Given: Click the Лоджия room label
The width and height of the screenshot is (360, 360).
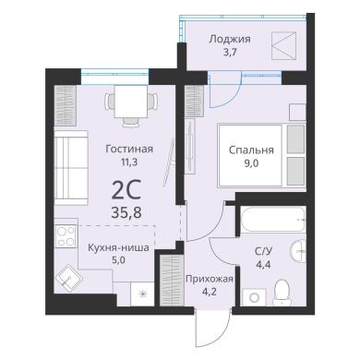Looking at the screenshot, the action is click(x=230, y=40).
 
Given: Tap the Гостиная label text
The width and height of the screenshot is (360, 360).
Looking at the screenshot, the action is click(x=129, y=149).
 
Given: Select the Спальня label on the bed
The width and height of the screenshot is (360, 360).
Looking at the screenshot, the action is click(x=251, y=150).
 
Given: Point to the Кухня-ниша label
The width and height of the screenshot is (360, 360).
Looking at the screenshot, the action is click(x=118, y=247).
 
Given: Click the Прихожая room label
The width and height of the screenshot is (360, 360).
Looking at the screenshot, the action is click(x=210, y=279).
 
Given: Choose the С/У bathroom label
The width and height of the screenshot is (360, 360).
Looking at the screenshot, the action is click(x=263, y=252).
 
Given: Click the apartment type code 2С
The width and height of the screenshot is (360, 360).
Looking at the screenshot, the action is click(x=126, y=191).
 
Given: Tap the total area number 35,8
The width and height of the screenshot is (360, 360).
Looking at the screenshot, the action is click(x=126, y=212).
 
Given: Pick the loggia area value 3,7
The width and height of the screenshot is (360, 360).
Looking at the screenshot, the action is click(x=230, y=52).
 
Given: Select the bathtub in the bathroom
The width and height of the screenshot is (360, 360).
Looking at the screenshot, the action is click(x=273, y=220).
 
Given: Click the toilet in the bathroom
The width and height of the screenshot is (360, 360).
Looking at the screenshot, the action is click(x=282, y=293).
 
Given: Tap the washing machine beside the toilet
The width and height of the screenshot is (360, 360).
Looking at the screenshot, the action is click(x=254, y=297).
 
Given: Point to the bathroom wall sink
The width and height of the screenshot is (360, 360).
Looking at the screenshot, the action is click(x=298, y=251).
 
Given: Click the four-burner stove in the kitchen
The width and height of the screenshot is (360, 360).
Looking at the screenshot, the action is click(x=66, y=236).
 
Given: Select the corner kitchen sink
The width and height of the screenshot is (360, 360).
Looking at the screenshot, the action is click(x=68, y=278).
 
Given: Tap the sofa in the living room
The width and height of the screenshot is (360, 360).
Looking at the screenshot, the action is click(x=71, y=168).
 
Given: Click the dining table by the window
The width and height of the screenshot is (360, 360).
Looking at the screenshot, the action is click(x=131, y=102).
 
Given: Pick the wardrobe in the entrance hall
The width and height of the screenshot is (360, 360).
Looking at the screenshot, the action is click(x=172, y=280).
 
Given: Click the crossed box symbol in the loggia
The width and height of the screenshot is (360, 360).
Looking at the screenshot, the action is click(x=284, y=45).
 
